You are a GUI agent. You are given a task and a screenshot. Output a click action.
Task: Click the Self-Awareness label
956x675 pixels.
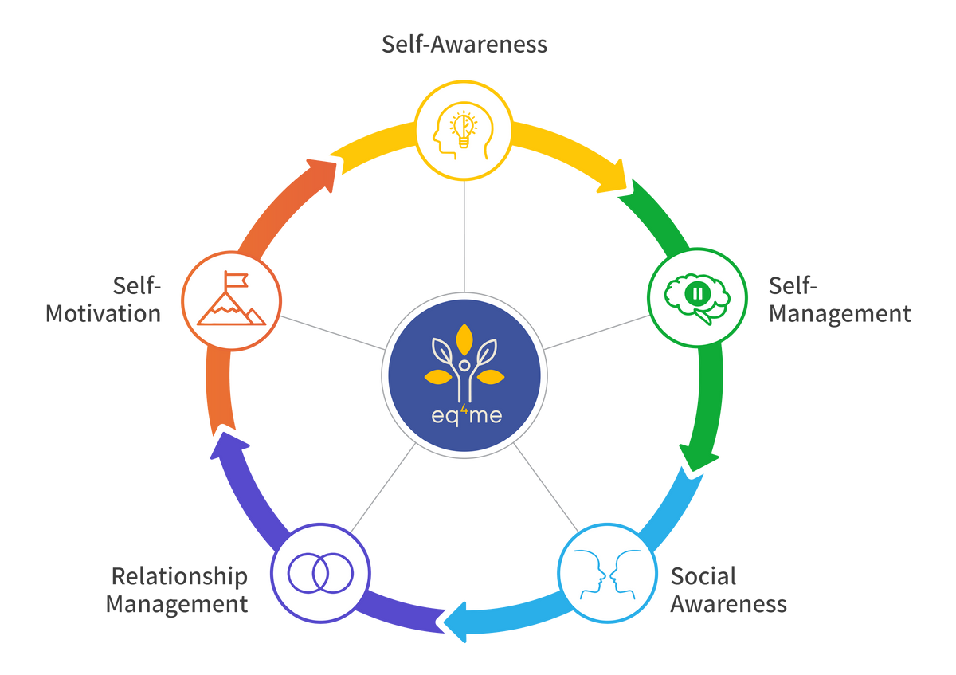465,44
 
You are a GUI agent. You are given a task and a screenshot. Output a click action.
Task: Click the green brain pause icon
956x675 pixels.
696,295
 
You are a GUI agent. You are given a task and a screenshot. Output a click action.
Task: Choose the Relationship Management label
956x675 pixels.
178,589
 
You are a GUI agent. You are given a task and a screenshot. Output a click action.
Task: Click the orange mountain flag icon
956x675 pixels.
231,299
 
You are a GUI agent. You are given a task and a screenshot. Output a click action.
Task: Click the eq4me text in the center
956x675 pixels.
464,416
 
